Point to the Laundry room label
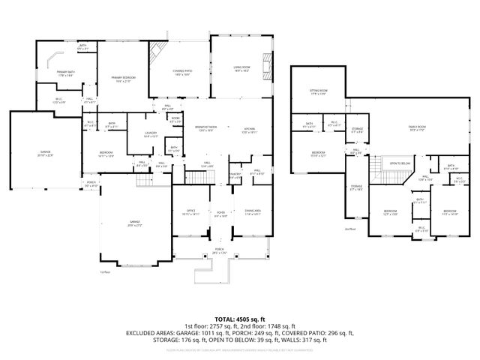(139, 136)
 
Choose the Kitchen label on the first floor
(249, 129)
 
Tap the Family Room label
(417, 127)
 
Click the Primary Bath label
(64, 73)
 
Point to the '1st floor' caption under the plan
(105, 272)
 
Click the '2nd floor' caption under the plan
(349, 229)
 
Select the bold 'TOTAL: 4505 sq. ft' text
(240, 319)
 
